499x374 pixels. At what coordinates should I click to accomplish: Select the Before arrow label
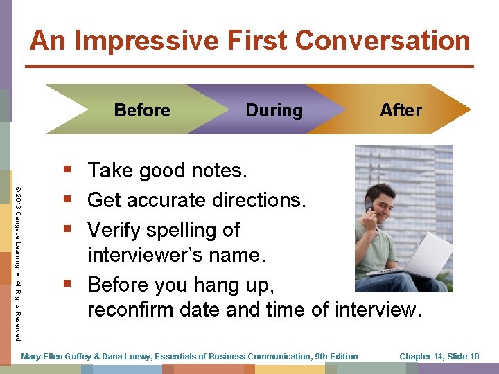(142, 110)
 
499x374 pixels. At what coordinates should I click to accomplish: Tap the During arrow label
(274, 110)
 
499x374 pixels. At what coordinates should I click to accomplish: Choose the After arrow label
(401, 110)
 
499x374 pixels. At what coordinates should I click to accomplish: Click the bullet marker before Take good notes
(67, 170)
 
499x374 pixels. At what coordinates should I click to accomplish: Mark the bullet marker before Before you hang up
(67, 284)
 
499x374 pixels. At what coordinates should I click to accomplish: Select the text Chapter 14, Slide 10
(439, 357)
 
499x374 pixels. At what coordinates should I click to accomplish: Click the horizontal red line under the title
(249, 66)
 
